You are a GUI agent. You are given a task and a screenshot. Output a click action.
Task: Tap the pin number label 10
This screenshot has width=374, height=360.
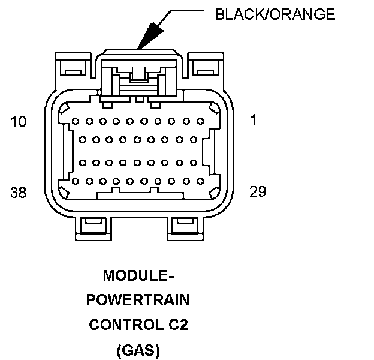pos(19,122)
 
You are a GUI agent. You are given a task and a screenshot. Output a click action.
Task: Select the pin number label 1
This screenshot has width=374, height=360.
pos(254,121)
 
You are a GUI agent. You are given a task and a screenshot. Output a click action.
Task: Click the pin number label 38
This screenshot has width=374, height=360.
pos(19,192)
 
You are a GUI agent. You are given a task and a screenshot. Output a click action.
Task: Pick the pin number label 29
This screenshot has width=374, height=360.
pos(258,191)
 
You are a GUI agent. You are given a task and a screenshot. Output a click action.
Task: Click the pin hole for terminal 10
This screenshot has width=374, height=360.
pos(76,121)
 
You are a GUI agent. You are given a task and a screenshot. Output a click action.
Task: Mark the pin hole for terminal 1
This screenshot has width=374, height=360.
pos(199,121)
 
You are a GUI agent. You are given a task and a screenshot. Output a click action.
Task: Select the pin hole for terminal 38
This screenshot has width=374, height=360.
pos(76,181)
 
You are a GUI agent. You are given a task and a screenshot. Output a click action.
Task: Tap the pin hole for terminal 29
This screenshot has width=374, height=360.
pos(199,181)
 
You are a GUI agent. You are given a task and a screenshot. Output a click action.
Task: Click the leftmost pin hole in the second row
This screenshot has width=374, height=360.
pos(82,140)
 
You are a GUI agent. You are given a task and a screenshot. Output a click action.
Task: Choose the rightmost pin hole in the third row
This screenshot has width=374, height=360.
pos(192,162)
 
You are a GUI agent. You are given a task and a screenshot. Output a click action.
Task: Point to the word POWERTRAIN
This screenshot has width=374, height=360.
pos(138,300)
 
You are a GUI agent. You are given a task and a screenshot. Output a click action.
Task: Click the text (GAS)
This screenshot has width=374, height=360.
pos(138,349)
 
